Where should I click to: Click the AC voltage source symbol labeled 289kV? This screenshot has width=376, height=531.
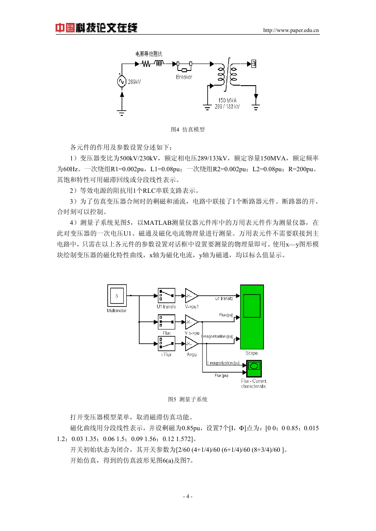[x=122, y=82]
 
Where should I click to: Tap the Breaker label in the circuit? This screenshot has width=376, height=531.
[x=184, y=77]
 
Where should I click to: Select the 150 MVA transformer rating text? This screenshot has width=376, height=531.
[x=227, y=100]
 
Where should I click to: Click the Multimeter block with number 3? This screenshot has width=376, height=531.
[x=117, y=296]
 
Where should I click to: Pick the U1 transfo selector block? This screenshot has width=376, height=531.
[x=167, y=296]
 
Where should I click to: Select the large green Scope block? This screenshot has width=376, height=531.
[x=252, y=317]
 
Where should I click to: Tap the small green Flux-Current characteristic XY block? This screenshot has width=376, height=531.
[x=254, y=368]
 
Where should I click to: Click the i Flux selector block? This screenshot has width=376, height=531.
[x=167, y=344]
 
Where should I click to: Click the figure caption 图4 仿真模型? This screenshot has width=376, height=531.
[x=188, y=129]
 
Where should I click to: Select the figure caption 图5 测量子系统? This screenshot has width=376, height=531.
[x=188, y=400]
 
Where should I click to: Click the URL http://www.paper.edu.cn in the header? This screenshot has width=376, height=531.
[x=291, y=30]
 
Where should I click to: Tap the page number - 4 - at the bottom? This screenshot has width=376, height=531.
[x=188, y=496]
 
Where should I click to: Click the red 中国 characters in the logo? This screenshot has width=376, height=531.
[x=65, y=28]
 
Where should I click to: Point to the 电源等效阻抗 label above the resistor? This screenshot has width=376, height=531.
[x=149, y=54]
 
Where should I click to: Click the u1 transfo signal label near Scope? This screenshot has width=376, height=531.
[x=224, y=299]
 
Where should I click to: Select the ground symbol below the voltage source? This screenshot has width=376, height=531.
[x=122, y=113]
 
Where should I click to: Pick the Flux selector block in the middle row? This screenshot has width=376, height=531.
[x=167, y=322]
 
